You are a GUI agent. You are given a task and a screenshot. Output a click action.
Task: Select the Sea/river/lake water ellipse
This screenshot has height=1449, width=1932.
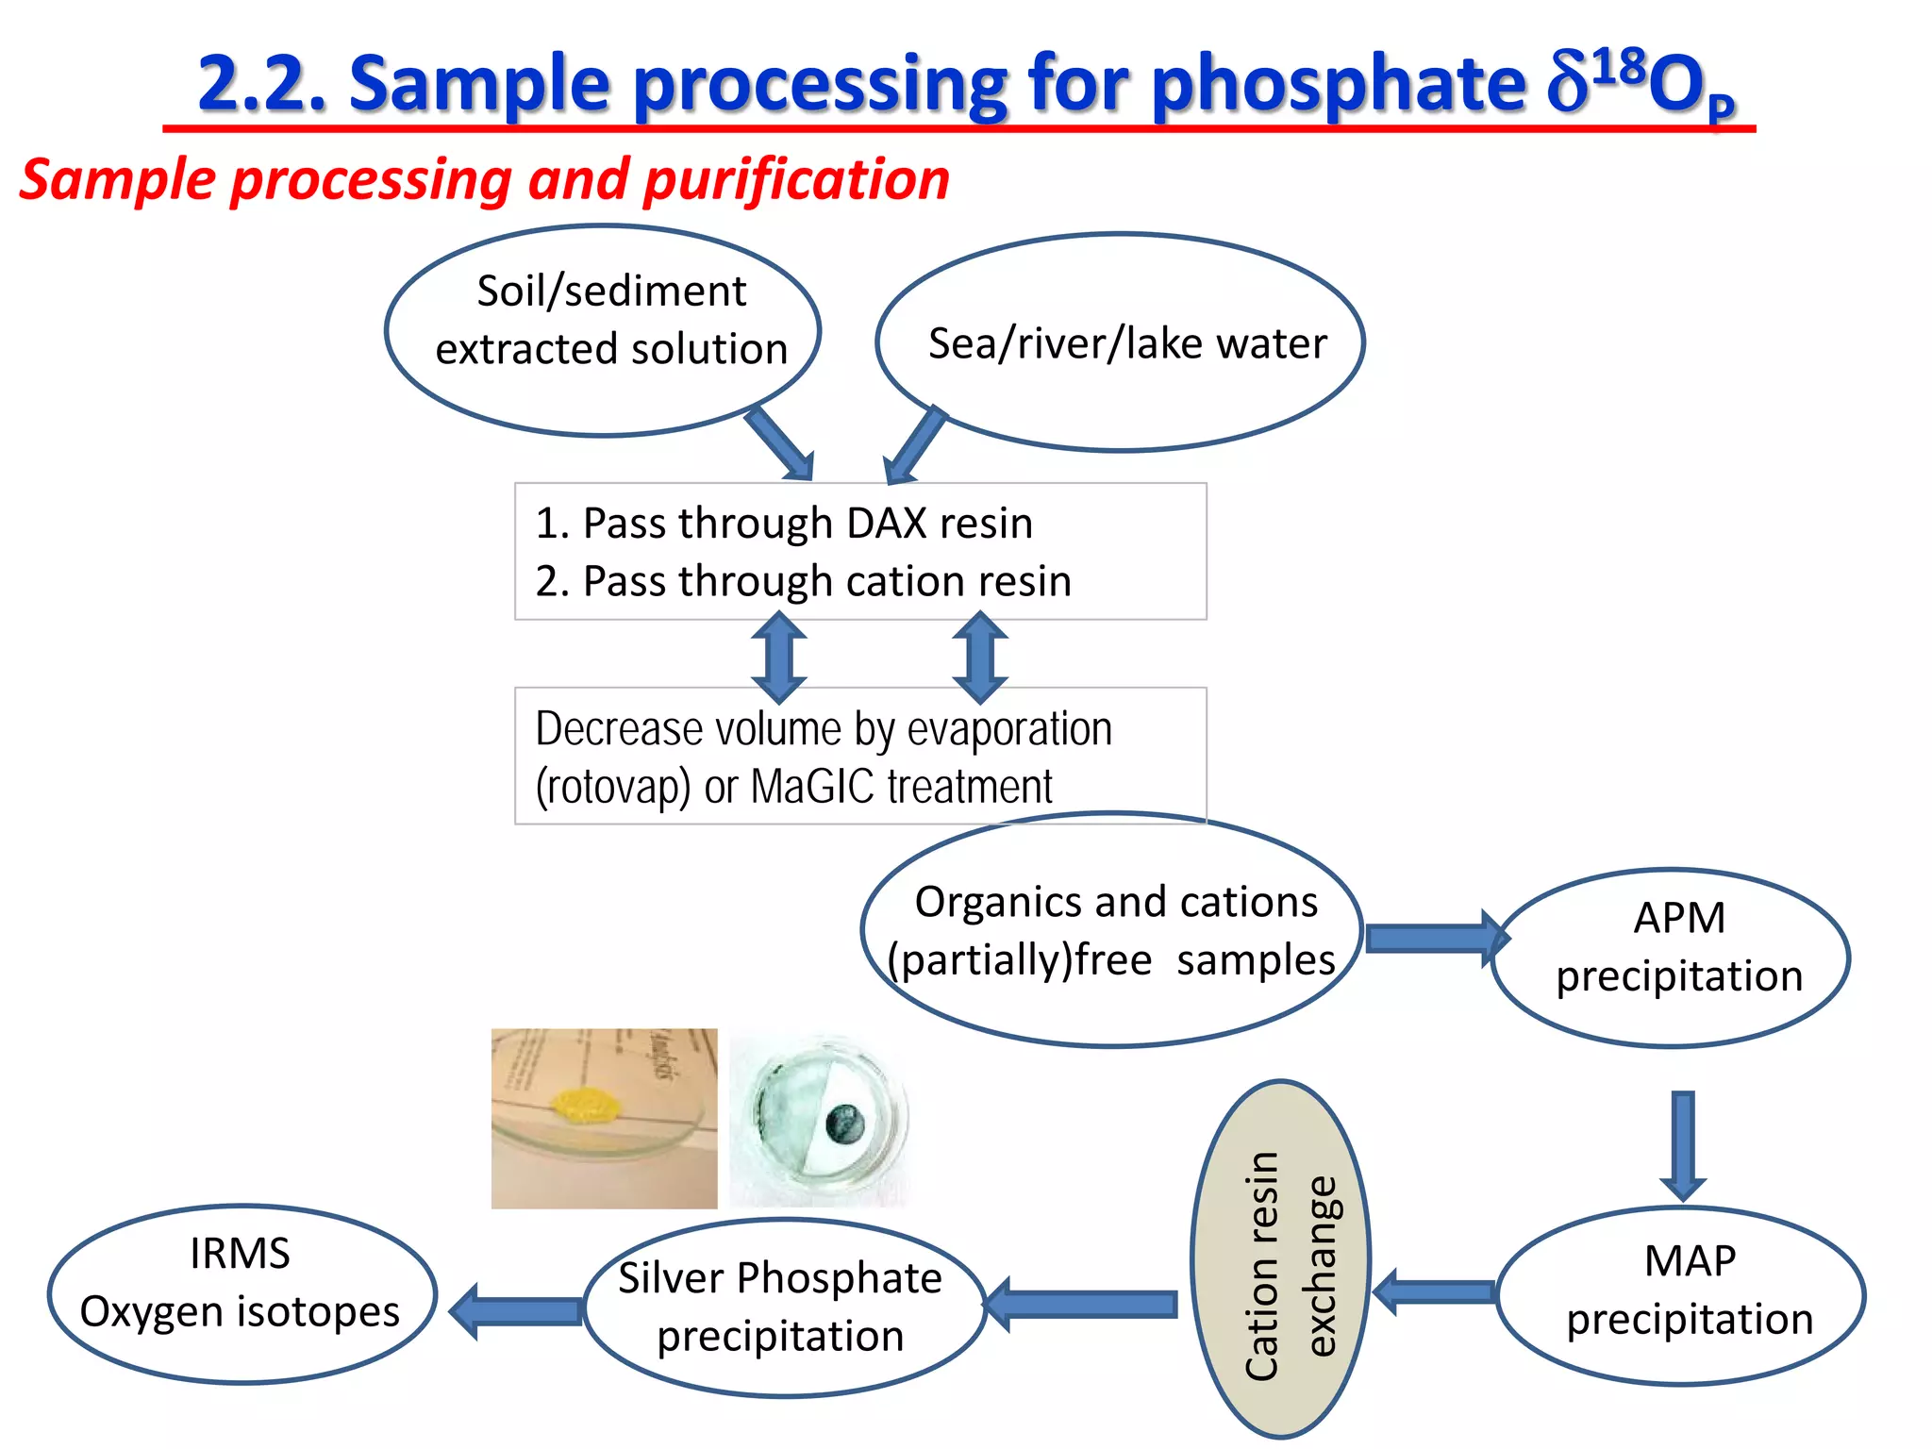pos(1121,341)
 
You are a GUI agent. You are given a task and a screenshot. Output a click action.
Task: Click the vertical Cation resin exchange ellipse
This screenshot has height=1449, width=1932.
pos(1280,1260)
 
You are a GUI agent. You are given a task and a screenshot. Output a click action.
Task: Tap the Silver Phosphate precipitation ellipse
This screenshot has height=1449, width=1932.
pos(784,1307)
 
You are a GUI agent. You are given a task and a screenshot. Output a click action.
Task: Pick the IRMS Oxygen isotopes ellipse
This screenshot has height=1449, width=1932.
pos(241,1293)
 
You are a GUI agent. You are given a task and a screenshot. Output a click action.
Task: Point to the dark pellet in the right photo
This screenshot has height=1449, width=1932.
pos(843,1123)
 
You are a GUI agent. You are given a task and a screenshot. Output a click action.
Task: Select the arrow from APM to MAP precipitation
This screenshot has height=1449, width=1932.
pos(1683,1144)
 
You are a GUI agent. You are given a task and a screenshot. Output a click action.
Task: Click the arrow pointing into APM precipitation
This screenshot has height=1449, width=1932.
pos(1434,938)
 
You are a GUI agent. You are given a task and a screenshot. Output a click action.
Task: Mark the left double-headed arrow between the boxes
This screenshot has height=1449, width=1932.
pos(779,657)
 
